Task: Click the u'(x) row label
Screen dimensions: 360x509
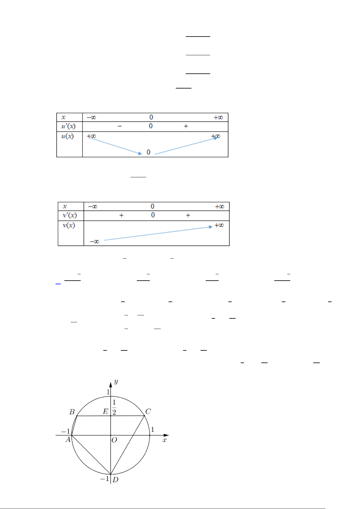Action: (x=68, y=126)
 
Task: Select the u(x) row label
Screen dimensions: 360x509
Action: (x=67, y=136)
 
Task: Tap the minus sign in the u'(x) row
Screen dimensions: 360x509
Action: (x=120, y=126)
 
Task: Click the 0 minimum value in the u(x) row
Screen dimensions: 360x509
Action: (x=148, y=152)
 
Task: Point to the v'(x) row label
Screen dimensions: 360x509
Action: (x=70, y=215)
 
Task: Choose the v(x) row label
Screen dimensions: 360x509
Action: (x=69, y=225)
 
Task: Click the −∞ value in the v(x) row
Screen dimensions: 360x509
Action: (x=95, y=241)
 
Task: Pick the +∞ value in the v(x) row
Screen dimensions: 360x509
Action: (x=219, y=225)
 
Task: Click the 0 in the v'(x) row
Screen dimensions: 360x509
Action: (x=153, y=215)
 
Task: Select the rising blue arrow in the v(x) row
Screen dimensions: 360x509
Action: (x=158, y=233)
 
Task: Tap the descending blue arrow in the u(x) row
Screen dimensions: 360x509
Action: (x=115, y=146)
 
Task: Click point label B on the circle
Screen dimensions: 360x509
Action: (x=72, y=412)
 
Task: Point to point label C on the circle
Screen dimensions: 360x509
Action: (x=148, y=411)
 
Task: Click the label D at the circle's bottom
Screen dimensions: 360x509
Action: (x=115, y=480)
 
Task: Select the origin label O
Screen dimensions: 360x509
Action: (x=114, y=440)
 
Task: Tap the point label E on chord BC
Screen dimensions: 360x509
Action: (x=105, y=411)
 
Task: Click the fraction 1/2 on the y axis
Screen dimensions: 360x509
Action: (x=114, y=407)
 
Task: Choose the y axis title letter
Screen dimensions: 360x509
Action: (x=116, y=382)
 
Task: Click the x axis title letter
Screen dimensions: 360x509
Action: (x=164, y=440)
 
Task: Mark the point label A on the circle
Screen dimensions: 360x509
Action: (x=68, y=440)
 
